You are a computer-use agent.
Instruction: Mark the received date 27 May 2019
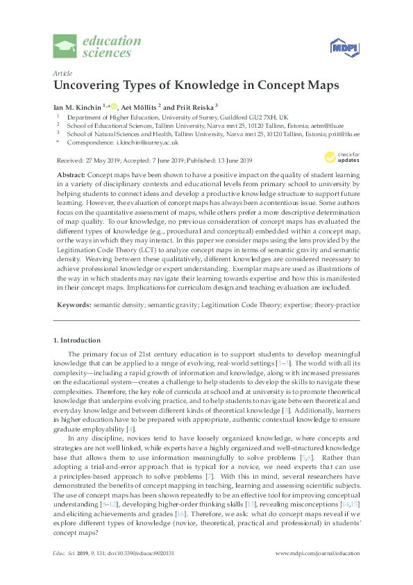(x=99, y=159)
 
